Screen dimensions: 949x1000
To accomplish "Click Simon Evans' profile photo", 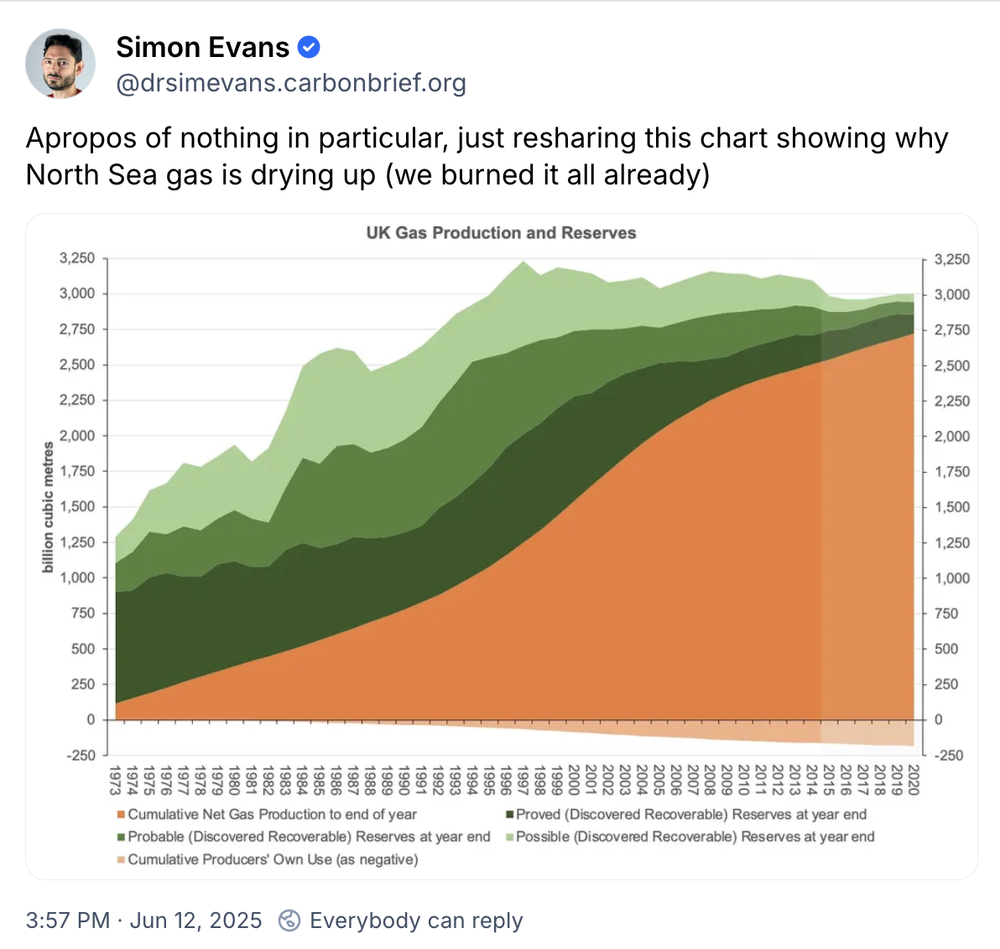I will (x=60, y=64).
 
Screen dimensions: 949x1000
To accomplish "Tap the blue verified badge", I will (x=309, y=48).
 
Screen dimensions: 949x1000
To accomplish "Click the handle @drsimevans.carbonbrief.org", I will (x=290, y=84).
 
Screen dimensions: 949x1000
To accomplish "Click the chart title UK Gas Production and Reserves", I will (x=501, y=233).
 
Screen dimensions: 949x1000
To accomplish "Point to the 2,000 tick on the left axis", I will (x=77, y=436).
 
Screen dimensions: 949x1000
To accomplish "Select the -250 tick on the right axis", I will (x=950, y=755).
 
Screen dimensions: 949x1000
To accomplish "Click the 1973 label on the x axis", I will (x=116, y=780).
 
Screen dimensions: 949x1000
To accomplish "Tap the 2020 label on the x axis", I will (x=914, y=780).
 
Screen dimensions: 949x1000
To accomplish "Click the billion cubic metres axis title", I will (x=48, y=508).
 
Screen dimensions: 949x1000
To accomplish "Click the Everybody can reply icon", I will (x=289, y=920).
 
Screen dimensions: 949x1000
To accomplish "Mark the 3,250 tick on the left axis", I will (x=77, y=258).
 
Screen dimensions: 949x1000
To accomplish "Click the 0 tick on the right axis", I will (x=939, y=719).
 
